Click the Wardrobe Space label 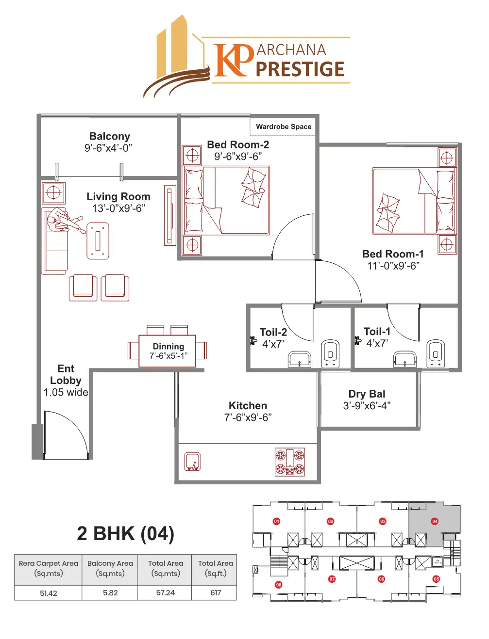pyautogui.click(x=284, y=127)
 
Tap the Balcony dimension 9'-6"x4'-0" pyautogui.click(x=108, y=148)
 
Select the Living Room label pyautogui.click(x=118, y=196)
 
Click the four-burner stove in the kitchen pyautogui.click(x=290, y=462)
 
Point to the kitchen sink pyautogui.click(x=193, y=462)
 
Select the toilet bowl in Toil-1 pyautogui.click(x=435, y=353)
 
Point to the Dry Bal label pyautogui.click(x=367, y=394)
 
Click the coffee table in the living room pyautogui.click(x=98, y=241)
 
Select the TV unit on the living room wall pyautogui.click(x=169, y=215)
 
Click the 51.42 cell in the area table pyautogui.click(x=49, y=593)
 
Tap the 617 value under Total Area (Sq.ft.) pyautogui.click(x=216, y=593)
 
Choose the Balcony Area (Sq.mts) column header pyautogui.click(x=110, y=568)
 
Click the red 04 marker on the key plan pyautogui.click(x=435, y=521)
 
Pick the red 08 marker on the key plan pyautogui.click(x=279, y=585)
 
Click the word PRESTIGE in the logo pyautogui.click(x=300, y=69)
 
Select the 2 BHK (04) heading pyautogui.click(x=125, y=533)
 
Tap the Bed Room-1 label pyautogui.click(x=393, y=254)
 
